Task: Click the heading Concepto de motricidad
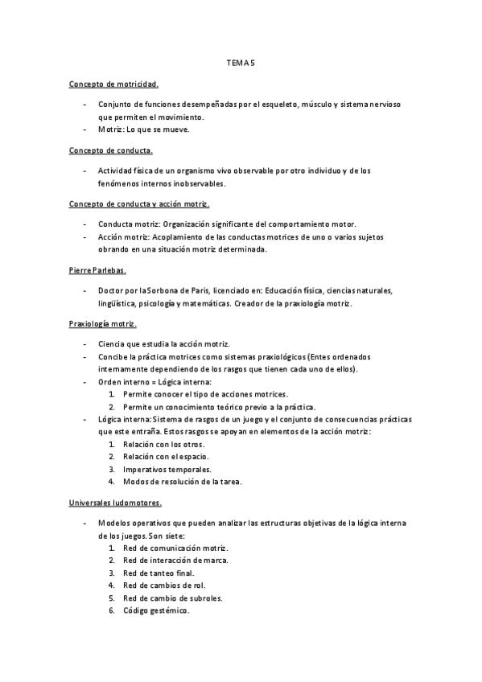tap(113, 83)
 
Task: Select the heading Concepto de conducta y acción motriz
tap(139, 204)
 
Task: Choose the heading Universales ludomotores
tap(115, 503)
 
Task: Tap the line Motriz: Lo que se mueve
tap(143, 129)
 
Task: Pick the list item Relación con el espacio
tap(164, 456)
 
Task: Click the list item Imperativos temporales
tap(167, 469)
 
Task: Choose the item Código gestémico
tap(156, 610)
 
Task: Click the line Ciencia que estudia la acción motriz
tap(164, 343)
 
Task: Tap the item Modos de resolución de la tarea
tap(182, 482)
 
